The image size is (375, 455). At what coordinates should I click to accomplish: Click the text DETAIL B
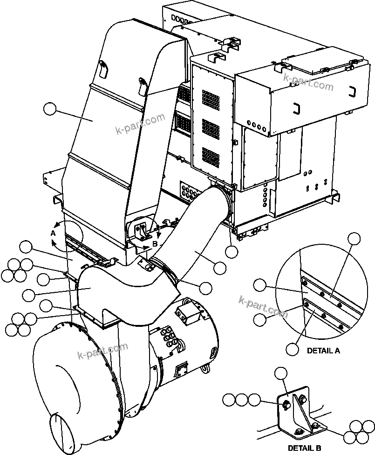click(x=304, y=448)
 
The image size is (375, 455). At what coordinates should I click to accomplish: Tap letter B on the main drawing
click(x=155, y=243)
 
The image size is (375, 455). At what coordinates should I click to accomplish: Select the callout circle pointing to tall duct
click(x=49, y=110)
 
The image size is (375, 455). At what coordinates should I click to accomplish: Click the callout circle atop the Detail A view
click(x=355, y=238)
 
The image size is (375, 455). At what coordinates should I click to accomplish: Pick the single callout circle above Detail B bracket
click(x=281, y=373)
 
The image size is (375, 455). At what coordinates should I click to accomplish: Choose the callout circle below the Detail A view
click(x=292, y=348)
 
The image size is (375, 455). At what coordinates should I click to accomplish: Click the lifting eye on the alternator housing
click(x=204, y=368)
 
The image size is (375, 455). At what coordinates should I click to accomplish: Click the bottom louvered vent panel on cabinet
click(x=211, y=157)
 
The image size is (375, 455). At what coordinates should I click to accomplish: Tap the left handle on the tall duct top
click(x=103, y=69)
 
